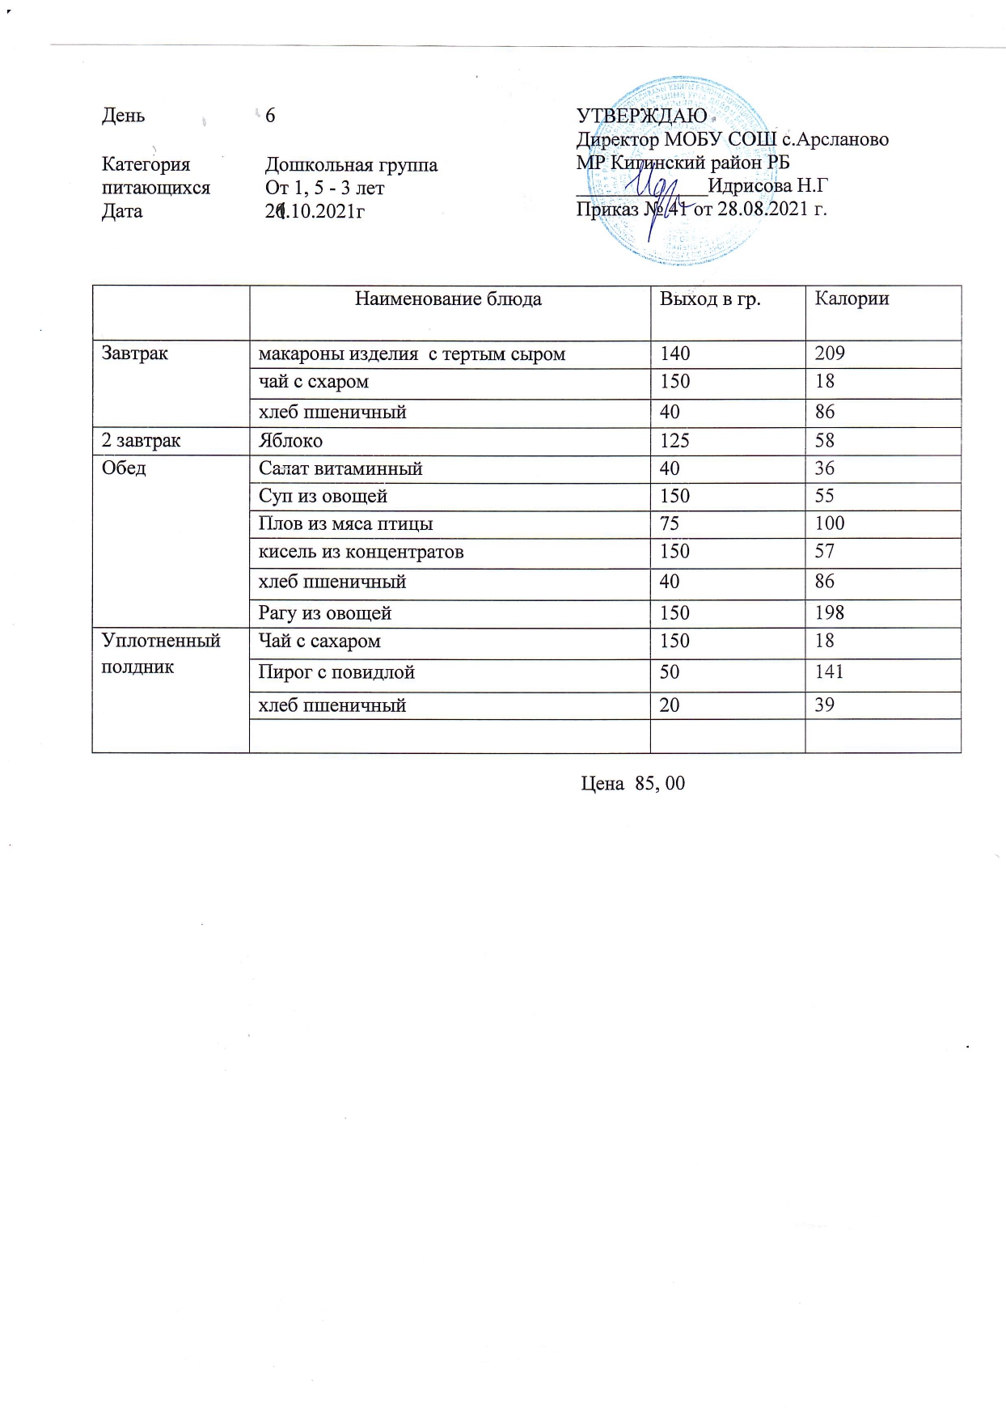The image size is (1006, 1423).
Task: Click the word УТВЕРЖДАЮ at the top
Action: tap(641, 116)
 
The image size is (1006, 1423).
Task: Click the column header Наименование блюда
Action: tap(449, 299)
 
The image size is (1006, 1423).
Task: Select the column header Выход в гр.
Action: tap(710, 299)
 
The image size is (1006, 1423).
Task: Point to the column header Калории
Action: tap(852, 299)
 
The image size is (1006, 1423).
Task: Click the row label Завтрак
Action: tap(135, 354)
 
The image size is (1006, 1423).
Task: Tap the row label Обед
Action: tap(124, 468)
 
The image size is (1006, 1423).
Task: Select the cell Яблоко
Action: tap(290, 441)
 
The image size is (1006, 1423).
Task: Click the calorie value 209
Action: tap(830, 354)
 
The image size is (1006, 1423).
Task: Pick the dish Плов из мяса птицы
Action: tap(345, 524)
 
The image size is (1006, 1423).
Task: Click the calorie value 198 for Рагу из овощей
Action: tap(830, 612)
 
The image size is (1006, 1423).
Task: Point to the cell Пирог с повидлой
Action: tap(336, 672)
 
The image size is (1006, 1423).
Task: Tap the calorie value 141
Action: tap(829, 671)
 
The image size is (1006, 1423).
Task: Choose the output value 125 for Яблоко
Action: tap(674, 441)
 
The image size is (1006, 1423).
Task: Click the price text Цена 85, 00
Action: tap(633, 783)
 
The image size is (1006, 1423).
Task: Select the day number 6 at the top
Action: tap(270, 116)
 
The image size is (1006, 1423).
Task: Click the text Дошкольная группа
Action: tap(351, 166)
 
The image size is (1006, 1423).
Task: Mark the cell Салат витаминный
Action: tap(340, 469)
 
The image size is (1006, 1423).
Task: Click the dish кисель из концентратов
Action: tap(361, 553)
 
